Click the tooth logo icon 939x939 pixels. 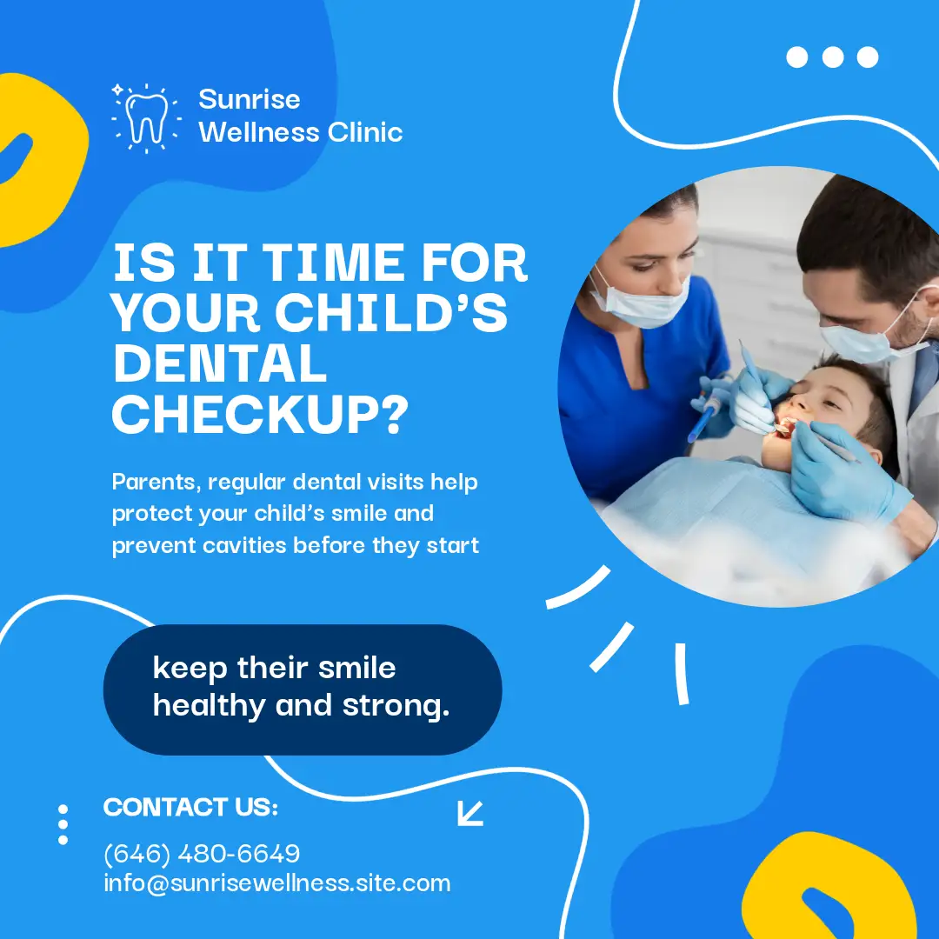pos(146,118)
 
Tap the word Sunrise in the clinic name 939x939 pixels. pos(250,99)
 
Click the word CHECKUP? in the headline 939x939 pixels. pos(260,414)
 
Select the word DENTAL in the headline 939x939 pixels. pos(220,363)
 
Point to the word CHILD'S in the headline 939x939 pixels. pos(391,312)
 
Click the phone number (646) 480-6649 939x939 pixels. pos(202,854)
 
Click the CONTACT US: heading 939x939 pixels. pos(190,807)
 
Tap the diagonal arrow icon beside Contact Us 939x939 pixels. pos(470,813)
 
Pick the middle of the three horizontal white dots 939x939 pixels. pos(832,57)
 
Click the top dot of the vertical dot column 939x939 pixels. pos(63,809)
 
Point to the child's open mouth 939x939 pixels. pos(784,428)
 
